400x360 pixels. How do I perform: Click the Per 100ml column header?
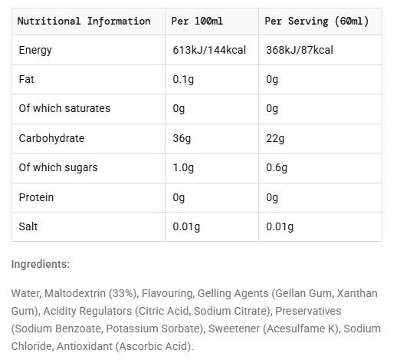coord(197,21)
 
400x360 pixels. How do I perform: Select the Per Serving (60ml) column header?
coord(316,21)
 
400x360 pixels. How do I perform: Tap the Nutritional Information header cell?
coord(84,21)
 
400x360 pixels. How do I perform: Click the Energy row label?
coord(35,50)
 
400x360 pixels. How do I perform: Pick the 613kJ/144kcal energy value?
coord(209,50)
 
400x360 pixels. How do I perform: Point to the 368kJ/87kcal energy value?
coord(300,50)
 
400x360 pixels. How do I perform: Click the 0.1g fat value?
coord(183,79)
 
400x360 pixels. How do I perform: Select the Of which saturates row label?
coord(64,108)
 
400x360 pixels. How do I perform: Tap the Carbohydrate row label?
coord(51,138)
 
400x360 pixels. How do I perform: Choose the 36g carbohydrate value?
coord(182,138)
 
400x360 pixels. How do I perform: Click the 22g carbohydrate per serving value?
coord(275,138)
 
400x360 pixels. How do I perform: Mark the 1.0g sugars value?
coord(183,167)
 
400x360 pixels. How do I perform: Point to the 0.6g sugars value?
coord(277,167)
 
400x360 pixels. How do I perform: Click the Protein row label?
coord(36,197)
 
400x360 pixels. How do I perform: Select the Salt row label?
coord(28,226)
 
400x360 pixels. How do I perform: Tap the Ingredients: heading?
coord(41,264)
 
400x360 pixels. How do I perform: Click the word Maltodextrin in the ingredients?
coord(75,293)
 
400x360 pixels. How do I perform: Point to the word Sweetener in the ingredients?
coord(234,329)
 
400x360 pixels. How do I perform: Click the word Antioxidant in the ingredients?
coord(84,346)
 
